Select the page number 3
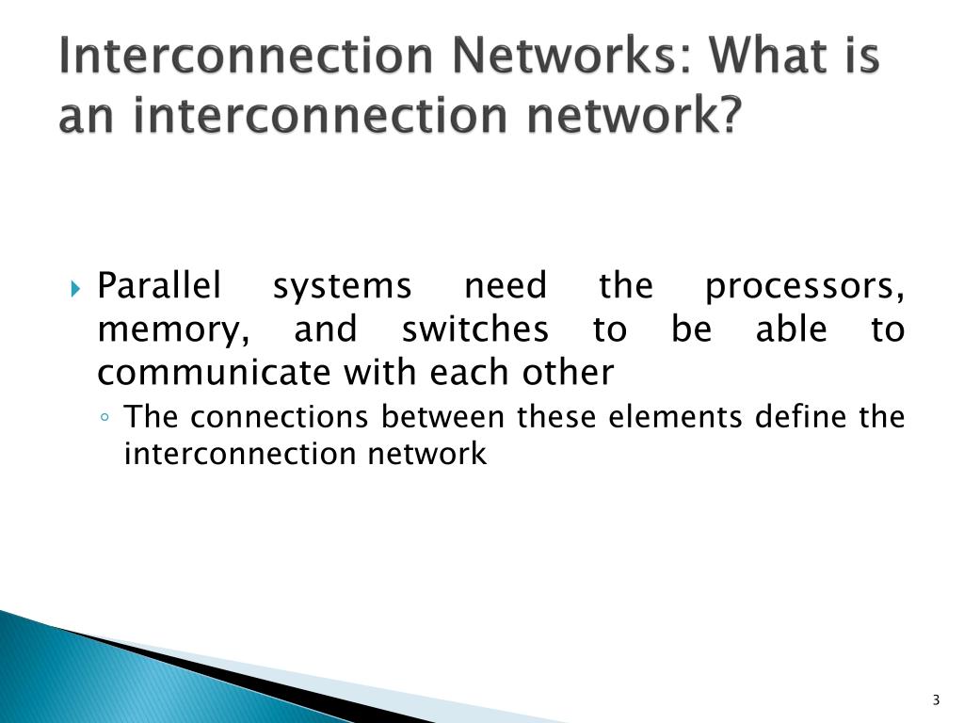(936, 699)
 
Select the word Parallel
(159, 285)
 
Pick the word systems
(342, 285)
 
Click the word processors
(805, 285)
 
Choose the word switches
(474, 329)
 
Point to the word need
(506, 285)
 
